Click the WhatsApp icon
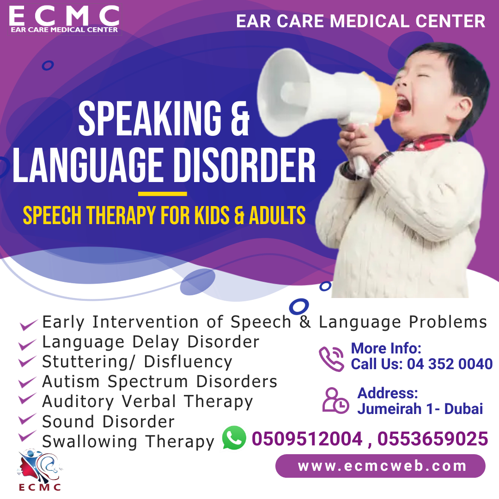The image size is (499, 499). click(x=234, y=438)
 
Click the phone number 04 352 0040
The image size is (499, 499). click(x=450, y=364)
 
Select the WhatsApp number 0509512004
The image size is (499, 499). click(x=307, y=438)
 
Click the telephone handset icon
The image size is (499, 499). click(x=331, y=359)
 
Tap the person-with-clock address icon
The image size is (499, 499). click(x=335, y=400)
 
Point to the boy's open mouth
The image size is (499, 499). click(x=403, y=105)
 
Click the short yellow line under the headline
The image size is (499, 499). click(x=162, y=194)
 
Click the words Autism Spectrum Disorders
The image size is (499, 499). click(x=159, y=382)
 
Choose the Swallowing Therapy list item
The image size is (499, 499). click(x=128, y=441)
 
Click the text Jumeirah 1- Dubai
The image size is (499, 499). click(x=420, y=409)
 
